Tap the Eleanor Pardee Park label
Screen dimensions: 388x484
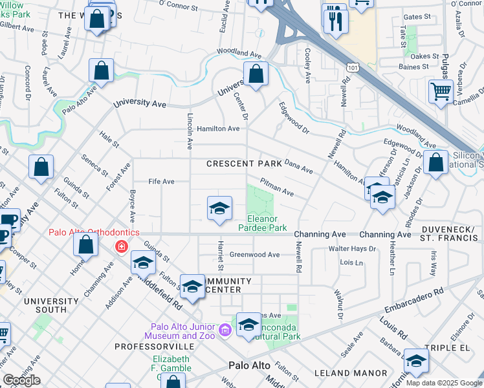click(x=263, y=223)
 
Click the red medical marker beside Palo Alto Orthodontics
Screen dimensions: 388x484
click(x=120, y=246)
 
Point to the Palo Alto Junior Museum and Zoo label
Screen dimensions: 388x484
click(x=183, y=330)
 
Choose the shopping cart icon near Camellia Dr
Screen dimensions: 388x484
click(x=441, y=92)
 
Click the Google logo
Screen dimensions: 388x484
click(x=21, y=380)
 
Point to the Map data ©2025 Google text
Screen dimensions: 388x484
click(x=443, y=383)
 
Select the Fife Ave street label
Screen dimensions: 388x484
click(x=162, y=182)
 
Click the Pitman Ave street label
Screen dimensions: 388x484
click(x=277, y=188)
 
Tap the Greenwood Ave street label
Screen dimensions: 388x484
click(x=254, y=255)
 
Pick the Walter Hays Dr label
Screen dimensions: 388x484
click(x=352, y=249)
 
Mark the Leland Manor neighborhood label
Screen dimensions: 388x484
click(x=349, y=373)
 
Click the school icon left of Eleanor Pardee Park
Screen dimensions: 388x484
click(x=219, y=208)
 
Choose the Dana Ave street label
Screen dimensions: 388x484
click(x=298, y=167)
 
